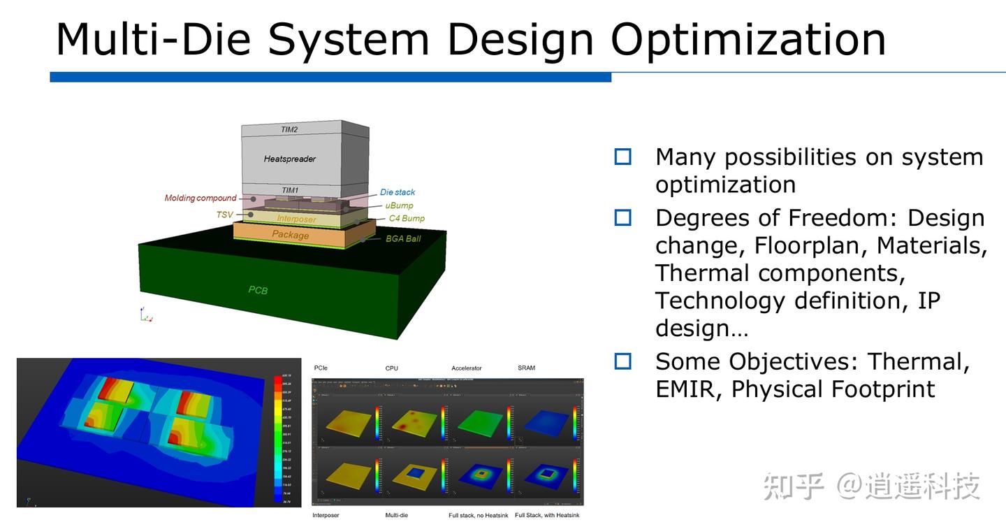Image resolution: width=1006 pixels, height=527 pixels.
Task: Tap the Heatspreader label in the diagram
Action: coord(289,159)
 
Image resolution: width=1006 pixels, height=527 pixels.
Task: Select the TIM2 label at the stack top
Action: coord(289,130)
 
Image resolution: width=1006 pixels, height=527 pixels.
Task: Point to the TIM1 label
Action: coord(289,190)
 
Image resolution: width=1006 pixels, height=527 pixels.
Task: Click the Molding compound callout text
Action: coord(201,198)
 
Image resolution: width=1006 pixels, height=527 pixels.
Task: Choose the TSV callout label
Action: coord(224,215)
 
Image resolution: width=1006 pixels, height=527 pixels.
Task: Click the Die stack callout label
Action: coord(398,192)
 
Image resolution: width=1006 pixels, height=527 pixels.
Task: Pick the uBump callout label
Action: coord(399,205)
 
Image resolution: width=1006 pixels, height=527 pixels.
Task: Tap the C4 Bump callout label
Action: coord(407,218)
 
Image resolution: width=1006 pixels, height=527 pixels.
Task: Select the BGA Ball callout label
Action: coord(403,238)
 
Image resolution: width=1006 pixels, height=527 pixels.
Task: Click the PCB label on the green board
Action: coord(258,289)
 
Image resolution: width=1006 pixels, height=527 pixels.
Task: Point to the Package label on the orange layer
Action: coord(290,235)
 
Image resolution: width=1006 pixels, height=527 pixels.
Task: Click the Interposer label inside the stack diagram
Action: coord(296,219)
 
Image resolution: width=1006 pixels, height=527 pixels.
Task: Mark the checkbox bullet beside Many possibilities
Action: coord(622,157)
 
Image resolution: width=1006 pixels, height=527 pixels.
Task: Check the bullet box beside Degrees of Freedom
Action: coord(622,218)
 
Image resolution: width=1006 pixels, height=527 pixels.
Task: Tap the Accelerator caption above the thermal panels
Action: coord(466,368)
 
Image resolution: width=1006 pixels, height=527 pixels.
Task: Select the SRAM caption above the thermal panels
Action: coord(526,368)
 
